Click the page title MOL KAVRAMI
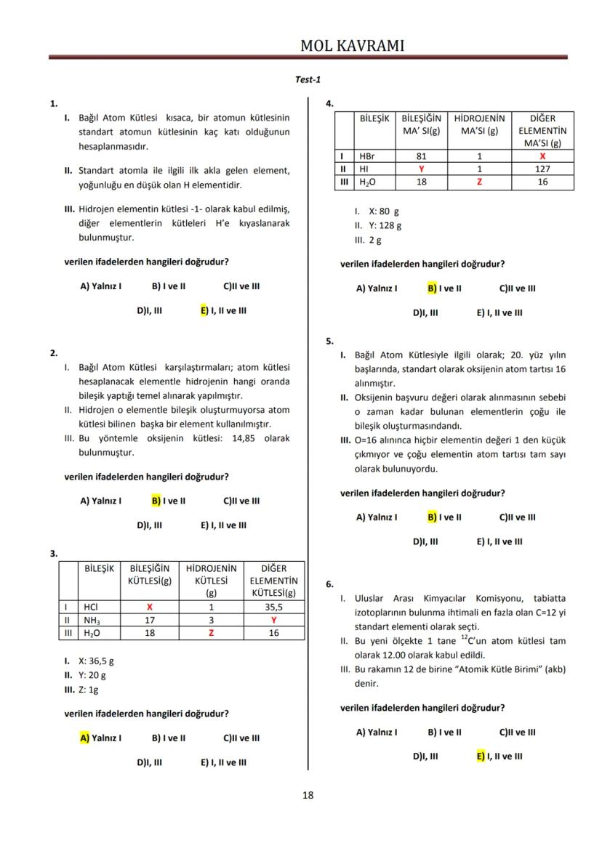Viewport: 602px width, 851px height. tap(352, 46)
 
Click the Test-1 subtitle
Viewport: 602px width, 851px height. tap(308, 80)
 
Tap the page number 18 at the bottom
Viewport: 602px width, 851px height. tap(308, 795)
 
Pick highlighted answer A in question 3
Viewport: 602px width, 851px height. tap(100, 738)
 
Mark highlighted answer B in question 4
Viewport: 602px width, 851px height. tap(444, 288)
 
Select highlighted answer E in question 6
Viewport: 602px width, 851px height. tap(499, 756)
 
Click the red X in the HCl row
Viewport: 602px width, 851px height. tap(149, 606)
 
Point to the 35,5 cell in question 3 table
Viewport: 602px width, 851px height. tap(273, 606)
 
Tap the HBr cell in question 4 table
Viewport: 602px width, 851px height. tap(368, 156)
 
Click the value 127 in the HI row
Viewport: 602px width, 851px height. tap(542, 169)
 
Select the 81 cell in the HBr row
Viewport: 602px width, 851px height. tap(421, 156)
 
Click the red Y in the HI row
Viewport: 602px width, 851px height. tap(421, 169)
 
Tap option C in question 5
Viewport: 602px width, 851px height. tap(517, 517)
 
